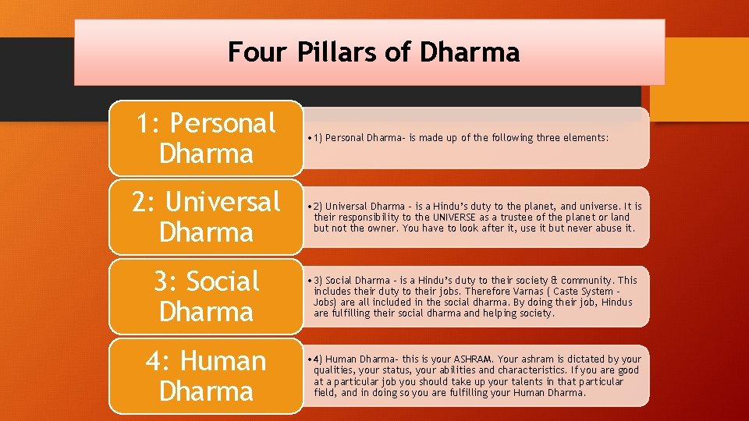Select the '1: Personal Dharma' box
click(206, 138)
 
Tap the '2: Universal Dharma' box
click(206, 217)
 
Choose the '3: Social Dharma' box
click(206, 296)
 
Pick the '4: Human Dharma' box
click(206, 376)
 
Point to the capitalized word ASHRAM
click(473, 359)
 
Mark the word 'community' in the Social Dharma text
click(590, 280)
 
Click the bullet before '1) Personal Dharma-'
click(311, 138)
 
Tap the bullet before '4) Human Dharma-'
click(311, 359)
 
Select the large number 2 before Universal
click(140, 202)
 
